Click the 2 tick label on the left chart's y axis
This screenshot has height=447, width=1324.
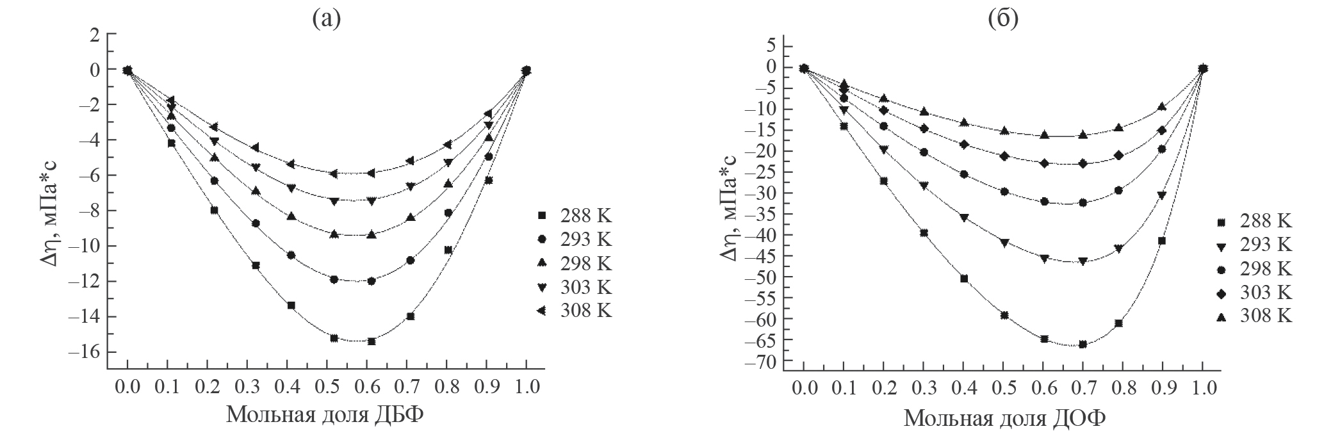click(x=94, y=35)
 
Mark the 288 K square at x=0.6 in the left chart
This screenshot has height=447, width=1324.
click(x=372, y=341)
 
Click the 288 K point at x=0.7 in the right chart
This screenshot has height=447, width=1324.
click(x=1083, y=345)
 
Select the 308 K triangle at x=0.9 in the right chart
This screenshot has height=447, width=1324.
click(x=1161, y=107)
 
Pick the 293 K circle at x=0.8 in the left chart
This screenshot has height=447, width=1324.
click(x=448, y=213)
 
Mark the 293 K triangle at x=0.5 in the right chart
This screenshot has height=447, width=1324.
click(x=1004, y=243)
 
